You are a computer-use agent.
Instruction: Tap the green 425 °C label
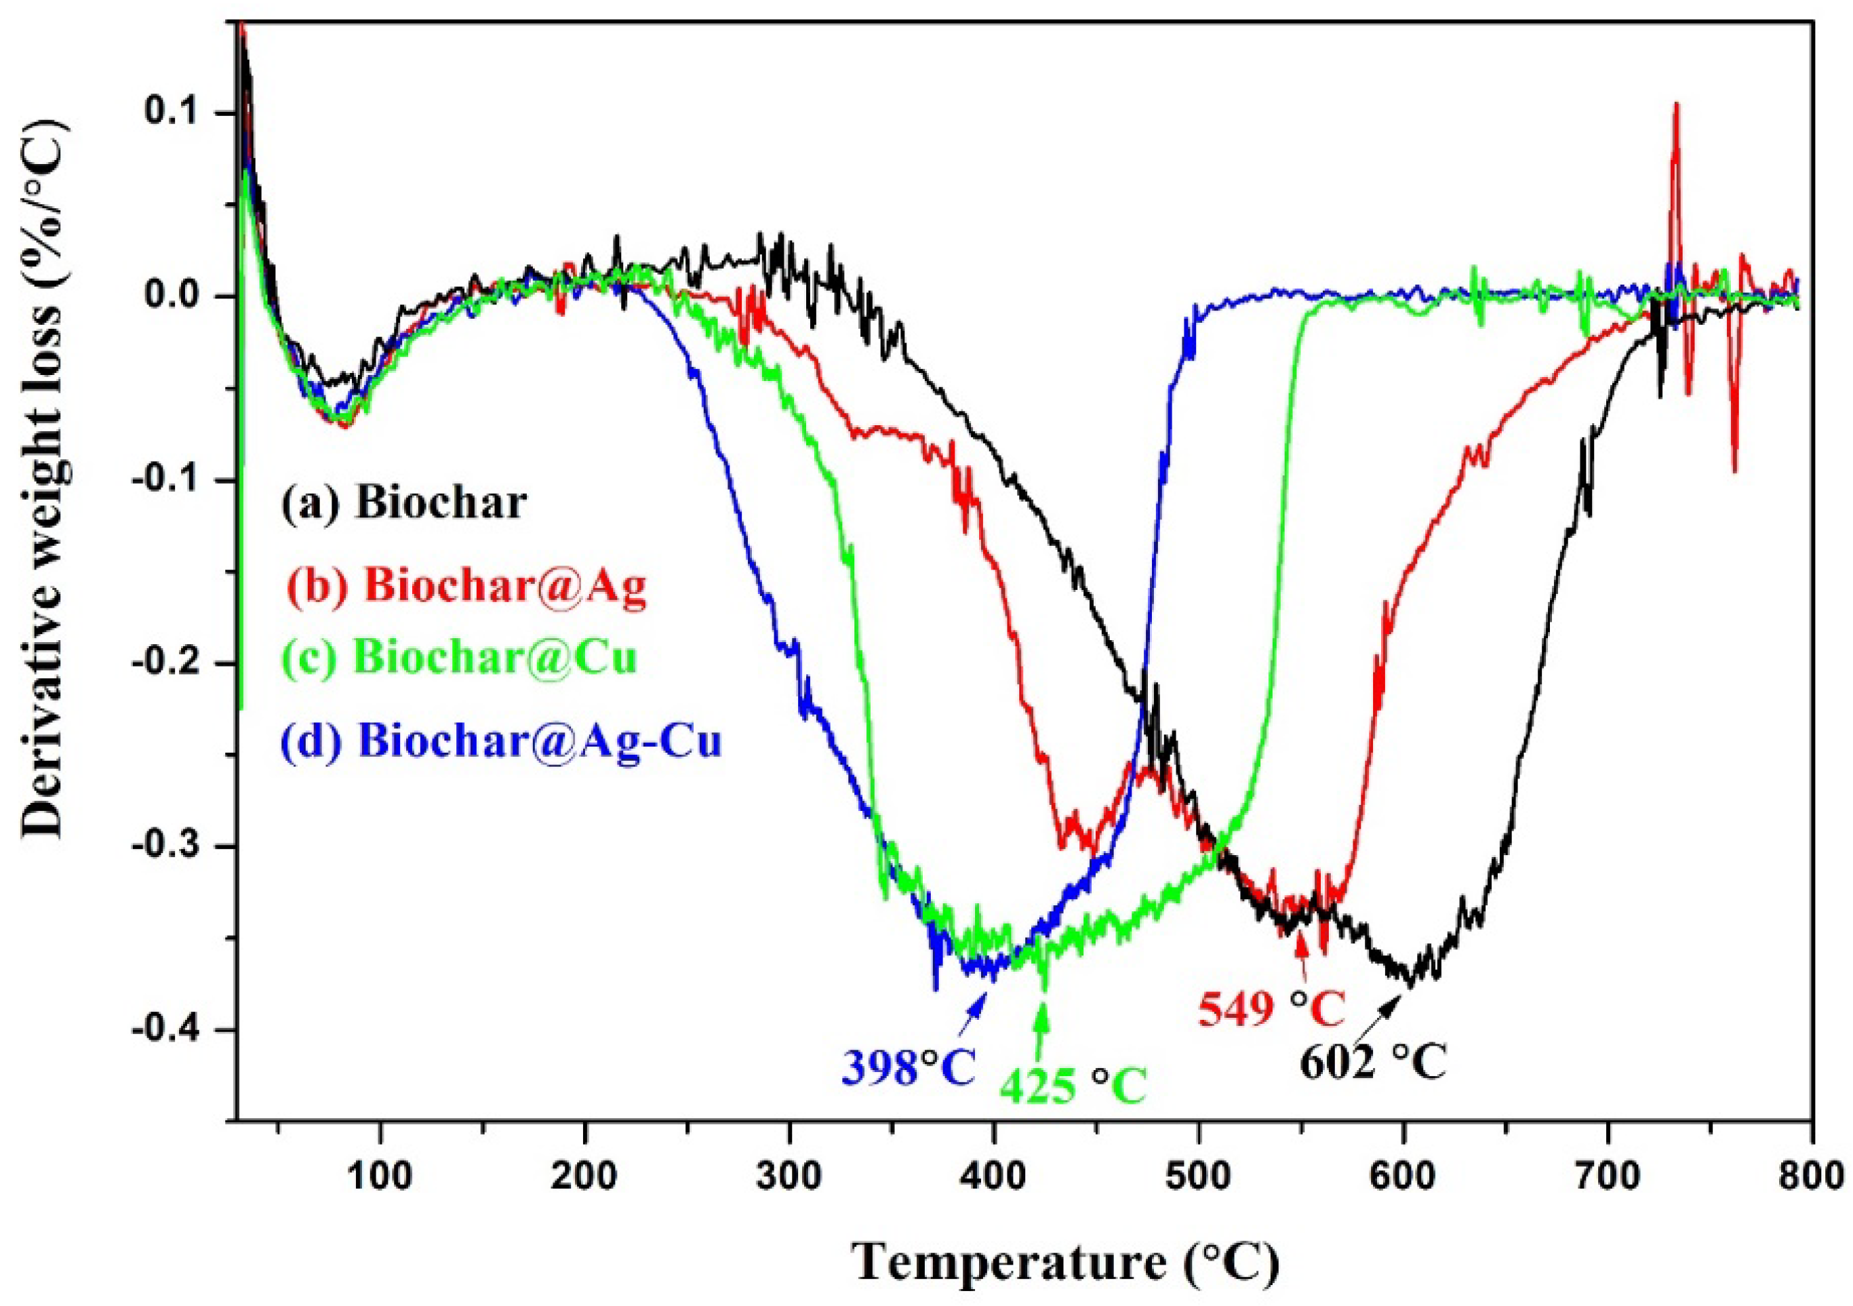click(x=1073, y=1086)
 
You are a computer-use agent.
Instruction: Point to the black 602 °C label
click(x=1373, y=1063)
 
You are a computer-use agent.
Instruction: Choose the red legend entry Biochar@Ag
click(x=466, y=585)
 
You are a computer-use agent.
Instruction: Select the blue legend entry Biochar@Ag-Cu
click(x=501, y=740)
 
